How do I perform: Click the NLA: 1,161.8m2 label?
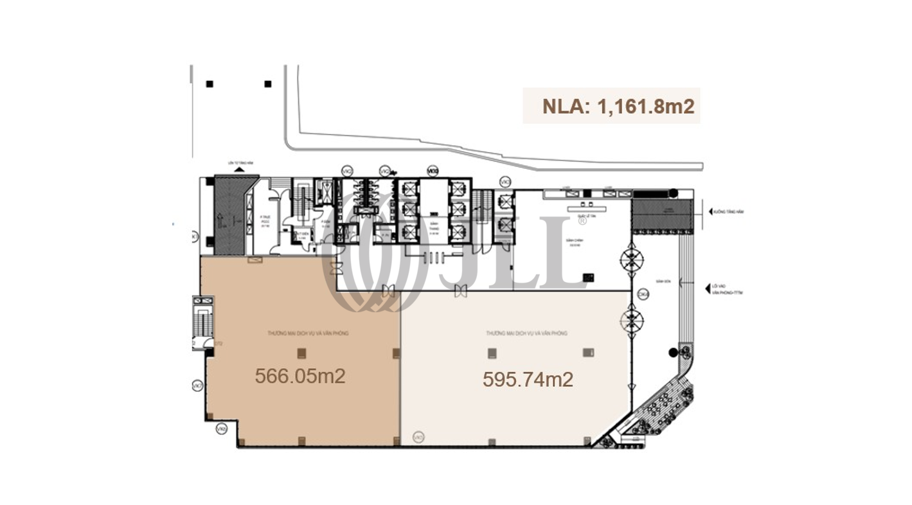pos(611,106)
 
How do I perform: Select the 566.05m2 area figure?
pos(300,376)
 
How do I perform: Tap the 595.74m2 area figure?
pos(528,380)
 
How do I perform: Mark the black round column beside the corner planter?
pos(672,352)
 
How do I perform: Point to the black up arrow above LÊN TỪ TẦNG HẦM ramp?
pos(239,168)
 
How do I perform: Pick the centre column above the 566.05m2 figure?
pos(301,352)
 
